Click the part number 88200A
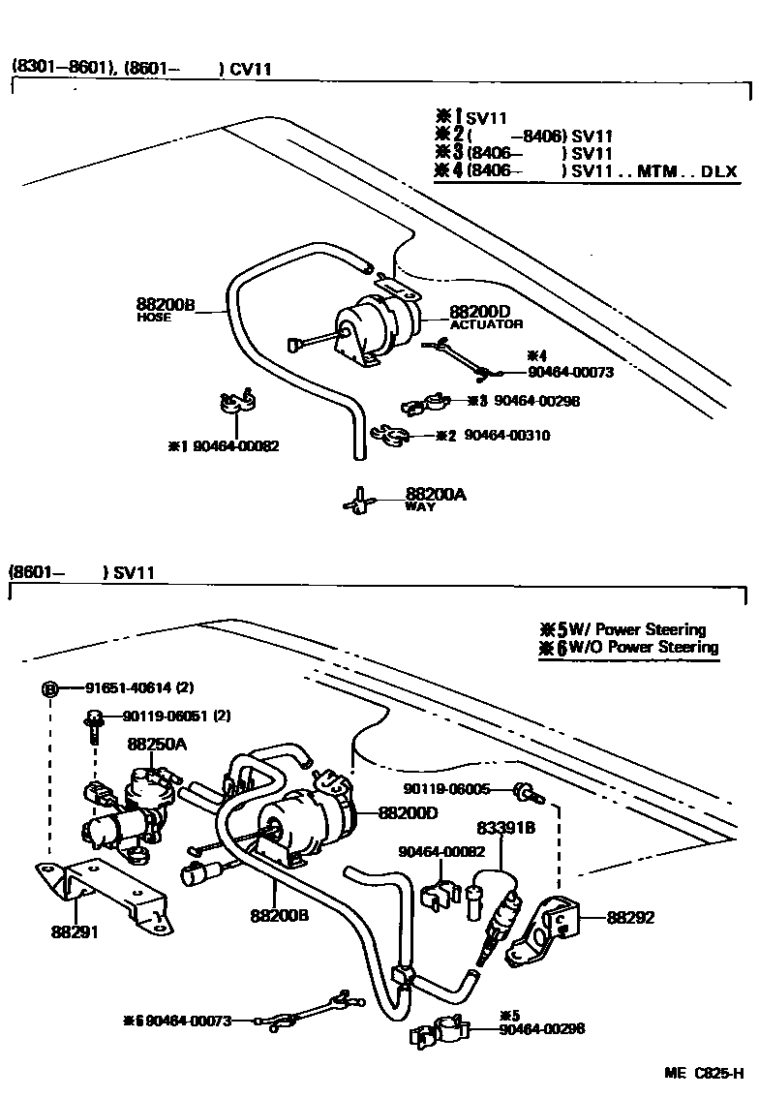click(436, 495)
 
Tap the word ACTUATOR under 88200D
click(486, 324)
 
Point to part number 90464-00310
click(506, 436)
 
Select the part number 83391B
click(504, 828)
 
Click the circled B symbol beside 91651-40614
click(48, 689)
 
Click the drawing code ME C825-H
click(703, 1074)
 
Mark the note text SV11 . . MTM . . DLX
click(654, 172)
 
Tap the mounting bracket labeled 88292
click(548, 924)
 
